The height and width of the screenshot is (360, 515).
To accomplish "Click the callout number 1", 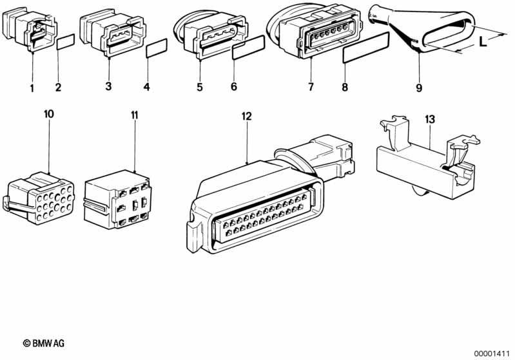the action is pyautogui.click(x=32, y=88).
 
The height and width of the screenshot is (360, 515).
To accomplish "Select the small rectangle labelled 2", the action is pyautogui.click(x=66, y=42).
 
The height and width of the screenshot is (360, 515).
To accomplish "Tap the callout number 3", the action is pyautogui.click(x=108, y=87).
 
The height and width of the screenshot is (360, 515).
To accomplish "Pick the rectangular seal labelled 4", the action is pyautogui.click(x=157, y=48).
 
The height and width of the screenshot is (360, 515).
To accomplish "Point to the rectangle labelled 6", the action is pyautogui.click(x=248, y=47).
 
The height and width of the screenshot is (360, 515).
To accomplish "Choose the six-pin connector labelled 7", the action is pyautogui.click(x=315, y=31).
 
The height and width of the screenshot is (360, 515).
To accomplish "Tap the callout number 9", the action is pyautogui.click(x=419, y=88).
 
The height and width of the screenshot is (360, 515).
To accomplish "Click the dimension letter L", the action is pyautogui.click(x=483, y=42).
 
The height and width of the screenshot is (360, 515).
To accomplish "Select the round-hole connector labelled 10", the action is pyautogui.click(x=39, y=198).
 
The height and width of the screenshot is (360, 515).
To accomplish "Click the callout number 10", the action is pyautogui.click(x=48, y=114).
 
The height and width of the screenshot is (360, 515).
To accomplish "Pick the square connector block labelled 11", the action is pyautogui.click(x=117, y=200).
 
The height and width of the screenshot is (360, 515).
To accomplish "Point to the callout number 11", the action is pyautogui.click(x=134, y=115).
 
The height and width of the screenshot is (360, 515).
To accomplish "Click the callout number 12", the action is pyautogui.click(x=246, y=116).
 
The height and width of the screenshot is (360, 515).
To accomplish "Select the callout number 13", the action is pyautogui.click(x=430, y=119).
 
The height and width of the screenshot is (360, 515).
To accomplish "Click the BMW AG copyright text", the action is pyautogui.click(x=44, y=343).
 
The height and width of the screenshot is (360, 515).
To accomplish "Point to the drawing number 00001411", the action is pyautogui.click(x=491, y=354).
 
